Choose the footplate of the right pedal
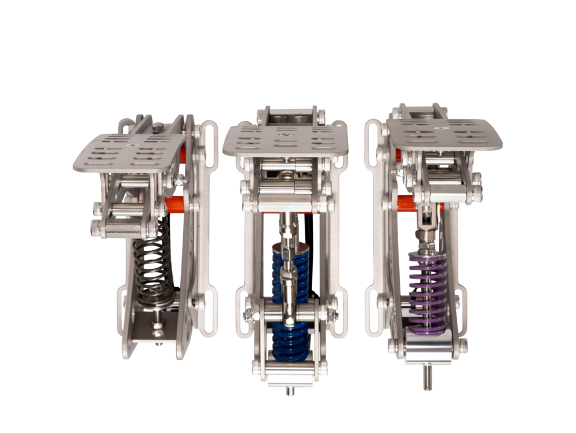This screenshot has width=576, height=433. [x=444, y=132]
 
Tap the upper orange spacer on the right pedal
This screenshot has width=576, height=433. [x=399, y=154]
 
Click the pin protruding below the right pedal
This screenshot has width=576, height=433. [x=427, y=378]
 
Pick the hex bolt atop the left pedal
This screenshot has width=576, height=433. [x=158, y=126]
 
